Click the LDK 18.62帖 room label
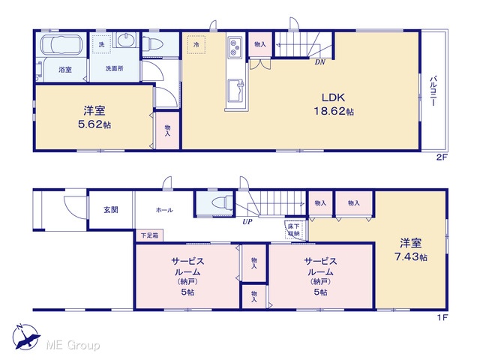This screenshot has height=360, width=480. point(333,104)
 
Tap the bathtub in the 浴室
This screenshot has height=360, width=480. point(61,45)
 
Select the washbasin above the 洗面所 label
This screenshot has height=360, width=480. point(126,40)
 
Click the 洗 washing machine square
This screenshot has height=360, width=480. point(101,45)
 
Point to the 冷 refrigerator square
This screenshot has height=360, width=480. point(196,45)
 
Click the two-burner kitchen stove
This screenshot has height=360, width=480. point(235,47)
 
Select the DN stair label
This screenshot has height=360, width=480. point(320,62)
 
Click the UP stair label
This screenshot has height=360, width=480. point(247,222)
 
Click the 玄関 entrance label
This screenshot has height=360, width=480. point(111,210)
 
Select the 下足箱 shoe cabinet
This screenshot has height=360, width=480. point(150,235)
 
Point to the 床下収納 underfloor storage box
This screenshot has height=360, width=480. point(295,230)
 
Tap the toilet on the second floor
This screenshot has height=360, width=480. point(153,43)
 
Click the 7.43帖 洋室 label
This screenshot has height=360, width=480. point(410,250)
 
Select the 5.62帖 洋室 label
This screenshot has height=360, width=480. point(94,117)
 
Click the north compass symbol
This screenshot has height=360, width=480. point(25,337)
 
